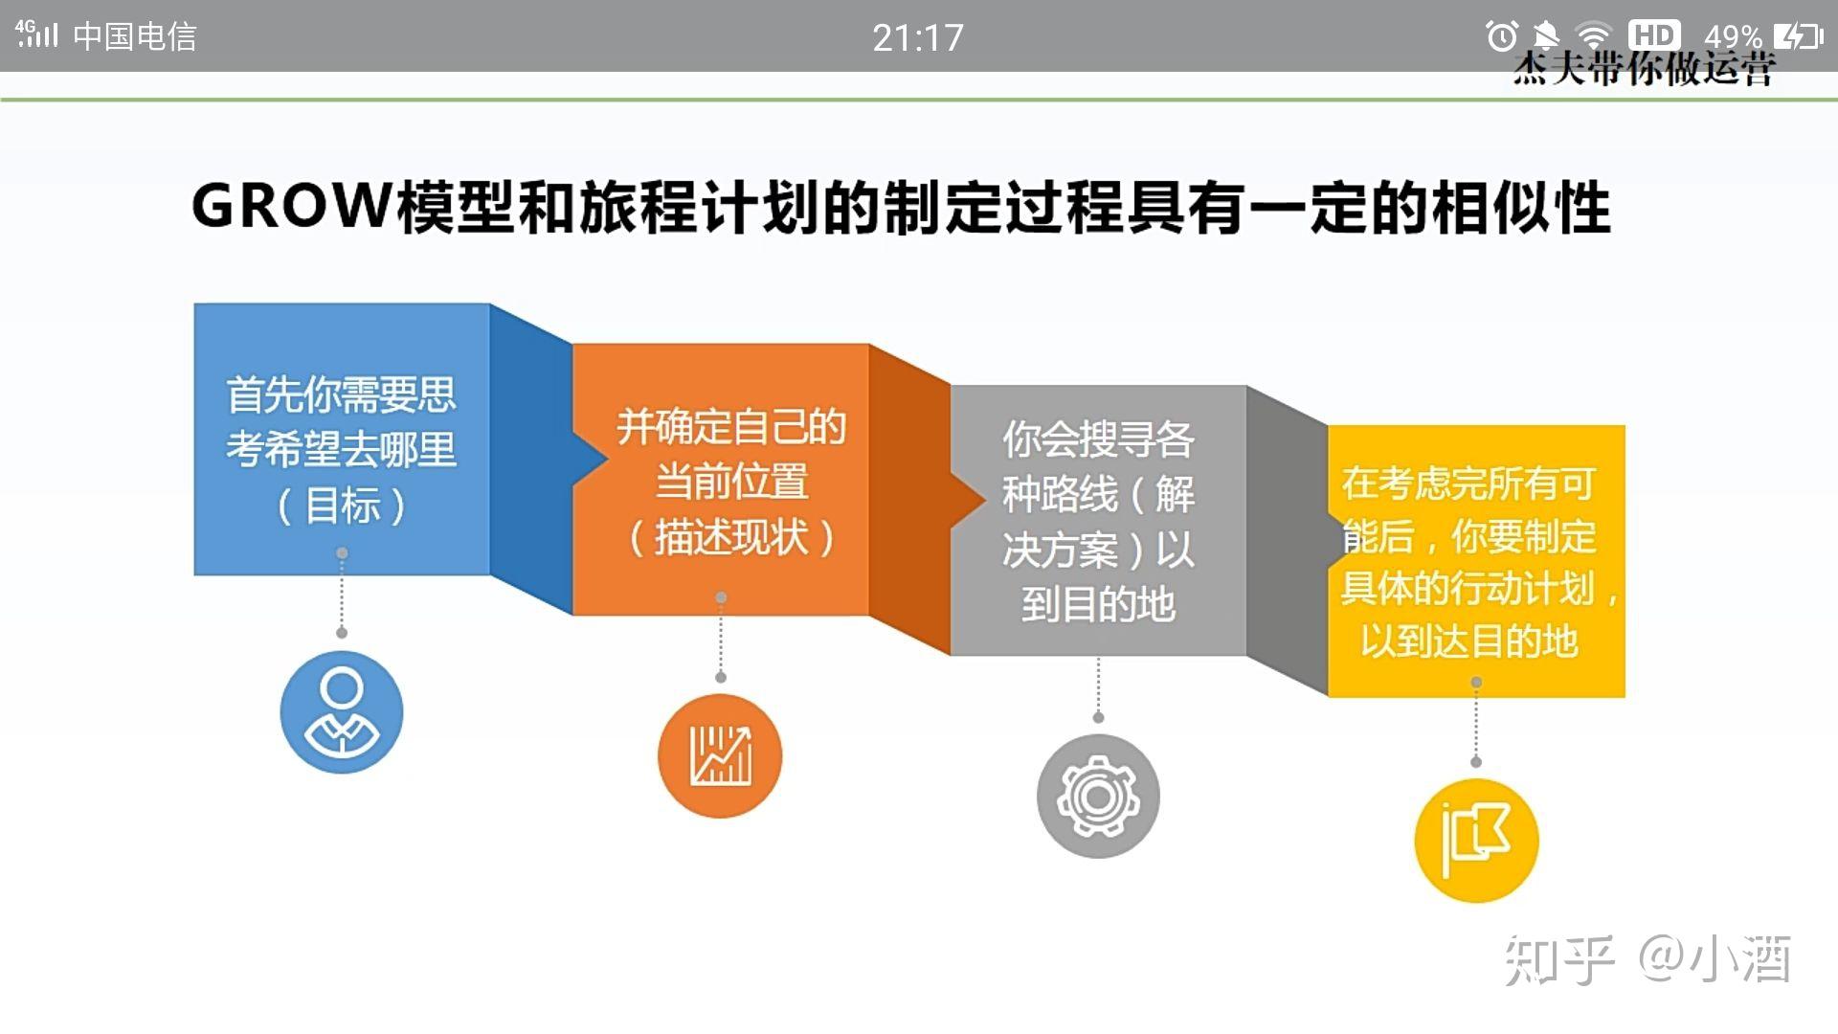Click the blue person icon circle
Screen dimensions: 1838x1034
click(342, 712)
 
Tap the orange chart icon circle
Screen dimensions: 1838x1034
click(720, 756)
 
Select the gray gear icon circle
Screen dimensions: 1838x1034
click(1098, 797)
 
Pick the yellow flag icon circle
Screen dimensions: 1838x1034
click(1476, 841)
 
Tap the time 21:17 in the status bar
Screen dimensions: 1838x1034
click(917, 38)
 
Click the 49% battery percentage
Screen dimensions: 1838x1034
click(1733, 37)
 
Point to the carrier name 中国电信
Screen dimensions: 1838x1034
click(135, 36)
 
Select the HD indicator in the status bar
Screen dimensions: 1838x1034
click(1654, 35)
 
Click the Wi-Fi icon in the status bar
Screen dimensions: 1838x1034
click(1594, 36)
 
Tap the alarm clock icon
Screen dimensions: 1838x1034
click(1501, 36)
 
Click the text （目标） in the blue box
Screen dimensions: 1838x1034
click(342, 506)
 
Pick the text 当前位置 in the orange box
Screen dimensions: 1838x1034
click(731, 482)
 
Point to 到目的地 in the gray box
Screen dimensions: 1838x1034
click(1098, 604)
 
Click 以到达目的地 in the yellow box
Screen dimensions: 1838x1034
click(1469, 641)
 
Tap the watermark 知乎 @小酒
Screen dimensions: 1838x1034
click(1647, 959)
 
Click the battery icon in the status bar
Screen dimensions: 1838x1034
click(1798, 36)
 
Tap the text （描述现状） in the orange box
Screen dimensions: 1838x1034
click(731, 537)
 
